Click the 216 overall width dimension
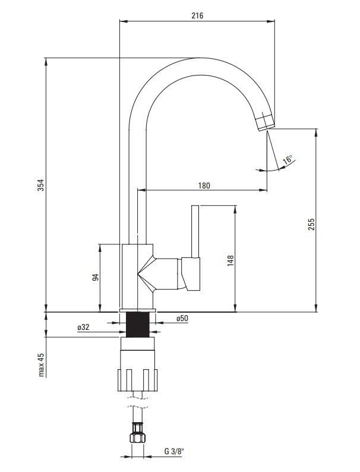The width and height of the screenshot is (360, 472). (197, 15)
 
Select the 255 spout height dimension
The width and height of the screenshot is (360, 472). (311, 224)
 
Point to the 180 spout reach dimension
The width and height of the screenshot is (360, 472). (204, 185)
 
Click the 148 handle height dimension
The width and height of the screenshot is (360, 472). (230, 261)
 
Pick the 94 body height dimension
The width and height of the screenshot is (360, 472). (95, 277)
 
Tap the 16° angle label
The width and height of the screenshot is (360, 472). (288, 159)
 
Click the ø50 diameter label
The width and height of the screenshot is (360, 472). (182, 318)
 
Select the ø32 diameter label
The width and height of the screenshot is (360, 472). (83, 327)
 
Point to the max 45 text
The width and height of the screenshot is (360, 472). (41, 364)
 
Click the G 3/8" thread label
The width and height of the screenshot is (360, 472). (174, 460)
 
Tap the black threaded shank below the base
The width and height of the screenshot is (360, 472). (137, 325)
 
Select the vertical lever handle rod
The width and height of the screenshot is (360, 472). (195, 231)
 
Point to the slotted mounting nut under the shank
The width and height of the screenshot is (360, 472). (137, 380)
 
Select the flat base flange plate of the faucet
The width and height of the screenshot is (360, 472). (138, 310)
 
